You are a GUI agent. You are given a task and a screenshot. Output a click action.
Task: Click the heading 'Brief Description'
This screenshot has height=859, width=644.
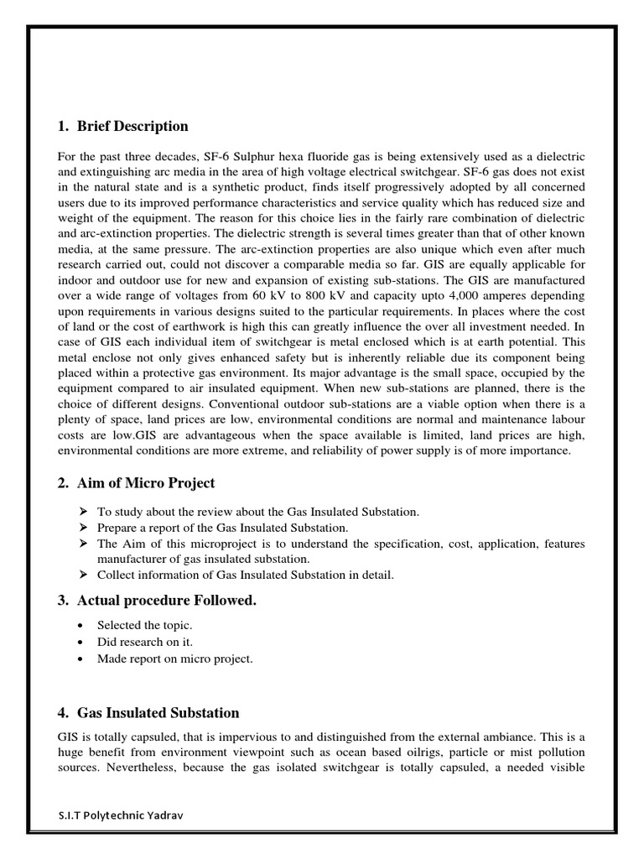132,127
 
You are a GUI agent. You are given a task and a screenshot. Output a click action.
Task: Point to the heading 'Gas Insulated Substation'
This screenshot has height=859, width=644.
158,713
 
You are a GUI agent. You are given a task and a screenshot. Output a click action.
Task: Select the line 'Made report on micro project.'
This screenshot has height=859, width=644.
174,659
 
